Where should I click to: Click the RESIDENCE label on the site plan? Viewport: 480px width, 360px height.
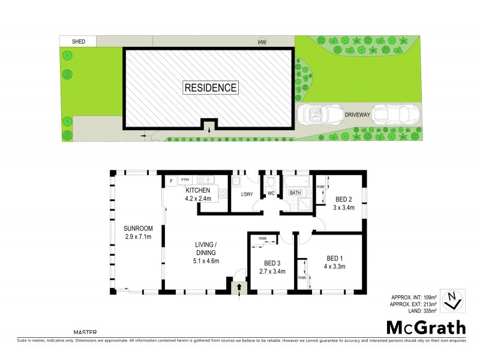(210, 88)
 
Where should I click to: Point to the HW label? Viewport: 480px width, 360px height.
(262, 42)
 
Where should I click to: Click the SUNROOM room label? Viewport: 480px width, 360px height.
(139, 228)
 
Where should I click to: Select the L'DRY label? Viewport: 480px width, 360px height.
(247, 193)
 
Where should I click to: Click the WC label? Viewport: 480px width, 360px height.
(271, 193)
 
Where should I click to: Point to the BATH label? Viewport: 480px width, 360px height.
(295, 193)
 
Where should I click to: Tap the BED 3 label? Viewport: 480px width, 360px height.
(272, 263)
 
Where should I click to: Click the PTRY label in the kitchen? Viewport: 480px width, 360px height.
(185, 179)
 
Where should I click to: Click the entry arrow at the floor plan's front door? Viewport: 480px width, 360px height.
(239, 287)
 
